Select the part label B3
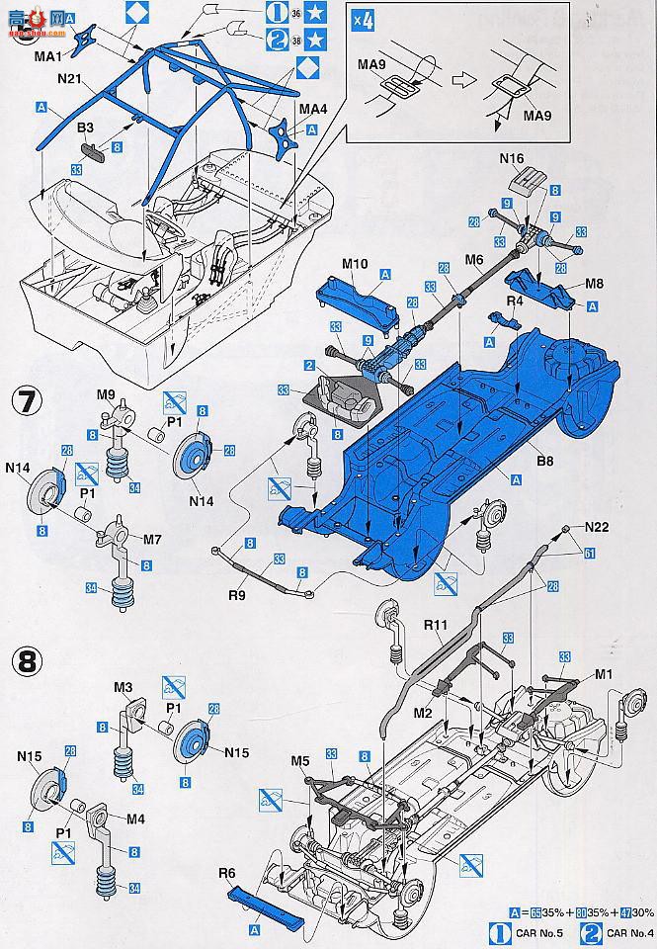point(85,128)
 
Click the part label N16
point(511,156)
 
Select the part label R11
point(437,626)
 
